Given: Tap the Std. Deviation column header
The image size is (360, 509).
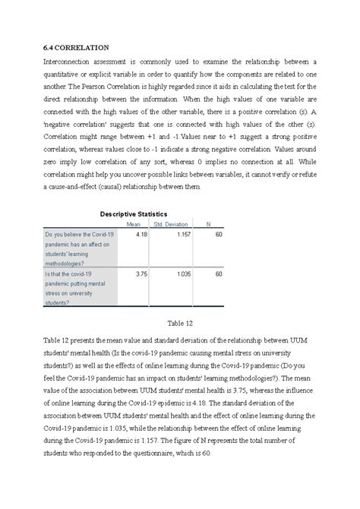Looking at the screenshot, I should coord(170,224).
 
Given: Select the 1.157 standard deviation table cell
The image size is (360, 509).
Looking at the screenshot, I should coord(179,236).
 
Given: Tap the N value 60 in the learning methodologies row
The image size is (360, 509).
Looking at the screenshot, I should coord(218,236).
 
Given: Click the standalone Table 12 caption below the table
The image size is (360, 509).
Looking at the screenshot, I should coord(180,321).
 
